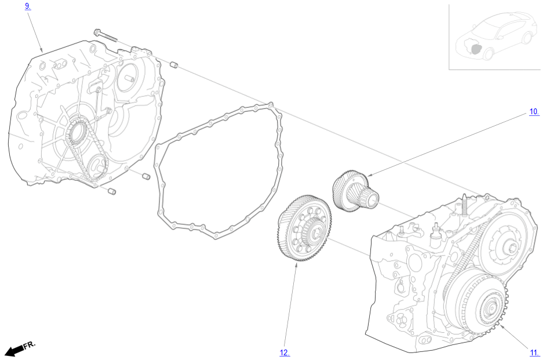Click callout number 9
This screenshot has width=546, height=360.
click(28, 6)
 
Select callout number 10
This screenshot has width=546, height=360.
click(534, 112)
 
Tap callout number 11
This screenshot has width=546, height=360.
click(534, 352)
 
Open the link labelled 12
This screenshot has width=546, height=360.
click(285, 352)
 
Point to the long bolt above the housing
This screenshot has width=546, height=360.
click(106, 36)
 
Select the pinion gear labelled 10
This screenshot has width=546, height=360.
click(355, 191)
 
